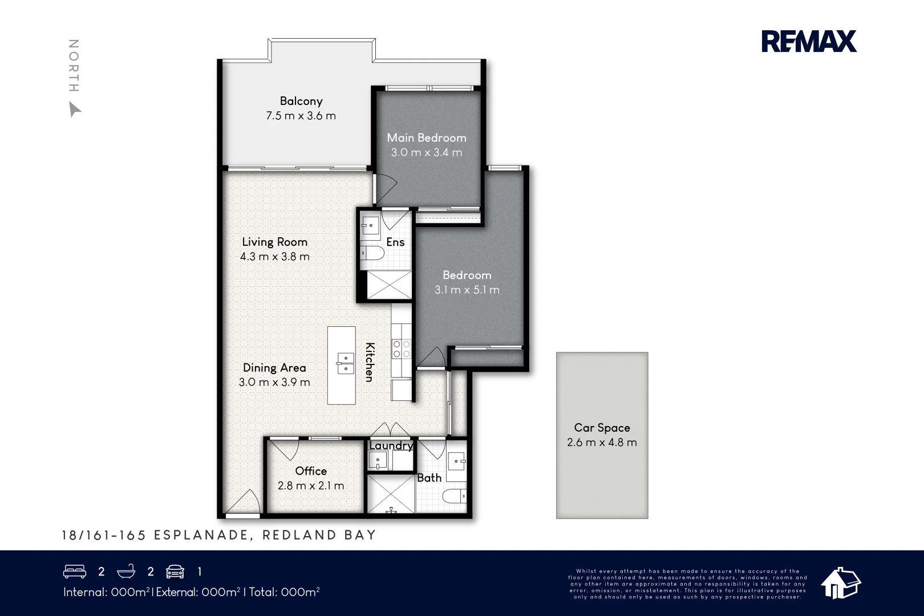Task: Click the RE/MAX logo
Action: pos(809,42)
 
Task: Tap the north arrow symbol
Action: pos(74,109)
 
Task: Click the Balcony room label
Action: pos(301,102)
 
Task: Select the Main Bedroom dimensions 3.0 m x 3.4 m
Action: pos(427,153)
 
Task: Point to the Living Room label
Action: pos(274,242)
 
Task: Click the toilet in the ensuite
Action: pos(371,253)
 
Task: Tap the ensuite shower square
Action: pos(388,284)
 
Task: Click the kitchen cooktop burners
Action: pos(401,348)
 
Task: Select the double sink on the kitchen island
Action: pos(345,363)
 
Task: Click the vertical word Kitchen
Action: pos(370,362)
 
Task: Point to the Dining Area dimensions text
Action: pos(274,382)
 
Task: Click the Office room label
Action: pos(311,471)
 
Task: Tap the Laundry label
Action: pos(391,445)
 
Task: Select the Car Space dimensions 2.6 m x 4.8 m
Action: pos(602,443)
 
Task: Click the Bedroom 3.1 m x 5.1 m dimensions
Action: pos(467,290)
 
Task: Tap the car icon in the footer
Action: pos(175,572)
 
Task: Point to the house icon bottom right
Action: pos(840,583)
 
